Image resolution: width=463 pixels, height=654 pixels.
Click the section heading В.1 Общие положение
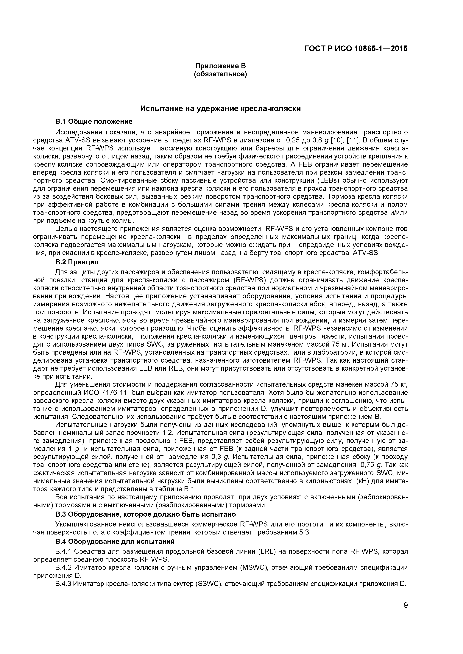94,122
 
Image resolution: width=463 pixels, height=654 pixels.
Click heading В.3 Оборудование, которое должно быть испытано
145,514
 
